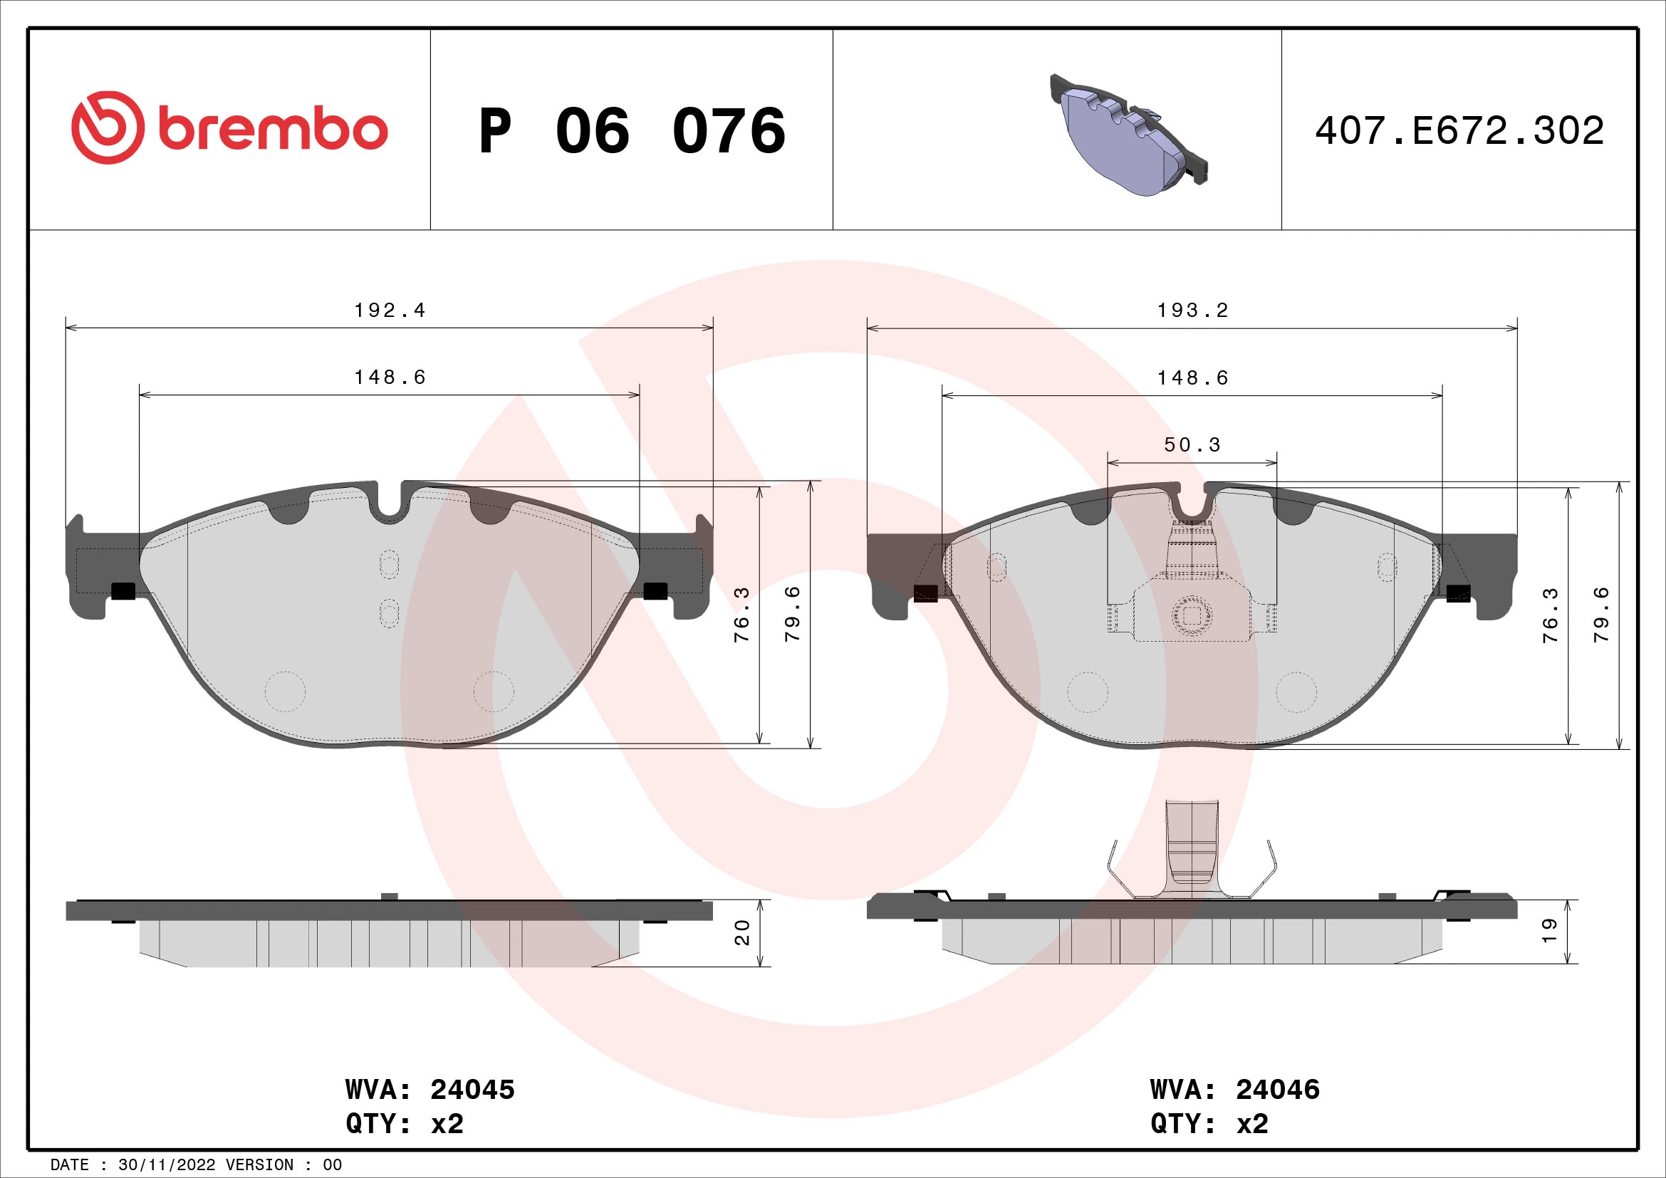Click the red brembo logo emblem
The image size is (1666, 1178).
(x=107, y=127)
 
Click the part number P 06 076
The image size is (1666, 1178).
(x=631, y=131)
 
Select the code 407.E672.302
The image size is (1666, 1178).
(x=1459, y=131)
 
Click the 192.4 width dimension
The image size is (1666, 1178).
(x=389, y=311)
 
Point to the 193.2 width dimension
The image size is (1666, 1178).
(x=1192, y=311)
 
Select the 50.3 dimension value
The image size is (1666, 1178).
(x=1192, y=444)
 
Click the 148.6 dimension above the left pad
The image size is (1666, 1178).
(x=389, y=377)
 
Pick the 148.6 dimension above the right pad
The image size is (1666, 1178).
(x=1192, y=378)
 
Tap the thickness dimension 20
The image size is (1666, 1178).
(x=742, y=932)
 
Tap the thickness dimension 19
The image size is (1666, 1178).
(x=1549, y=931)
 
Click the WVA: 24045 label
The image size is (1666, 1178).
(x=429, y=1089)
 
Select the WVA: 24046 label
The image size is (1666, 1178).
(x=1234, y=1089)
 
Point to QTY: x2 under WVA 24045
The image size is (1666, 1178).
(x=404, y=1123)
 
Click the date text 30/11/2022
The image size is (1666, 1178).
(x=166, y=1164)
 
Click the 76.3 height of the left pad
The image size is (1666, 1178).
(x=742, y=615)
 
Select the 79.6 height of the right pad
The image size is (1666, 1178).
(x=1601, y=615)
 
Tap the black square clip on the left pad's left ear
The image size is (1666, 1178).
(x=123, y=591)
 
